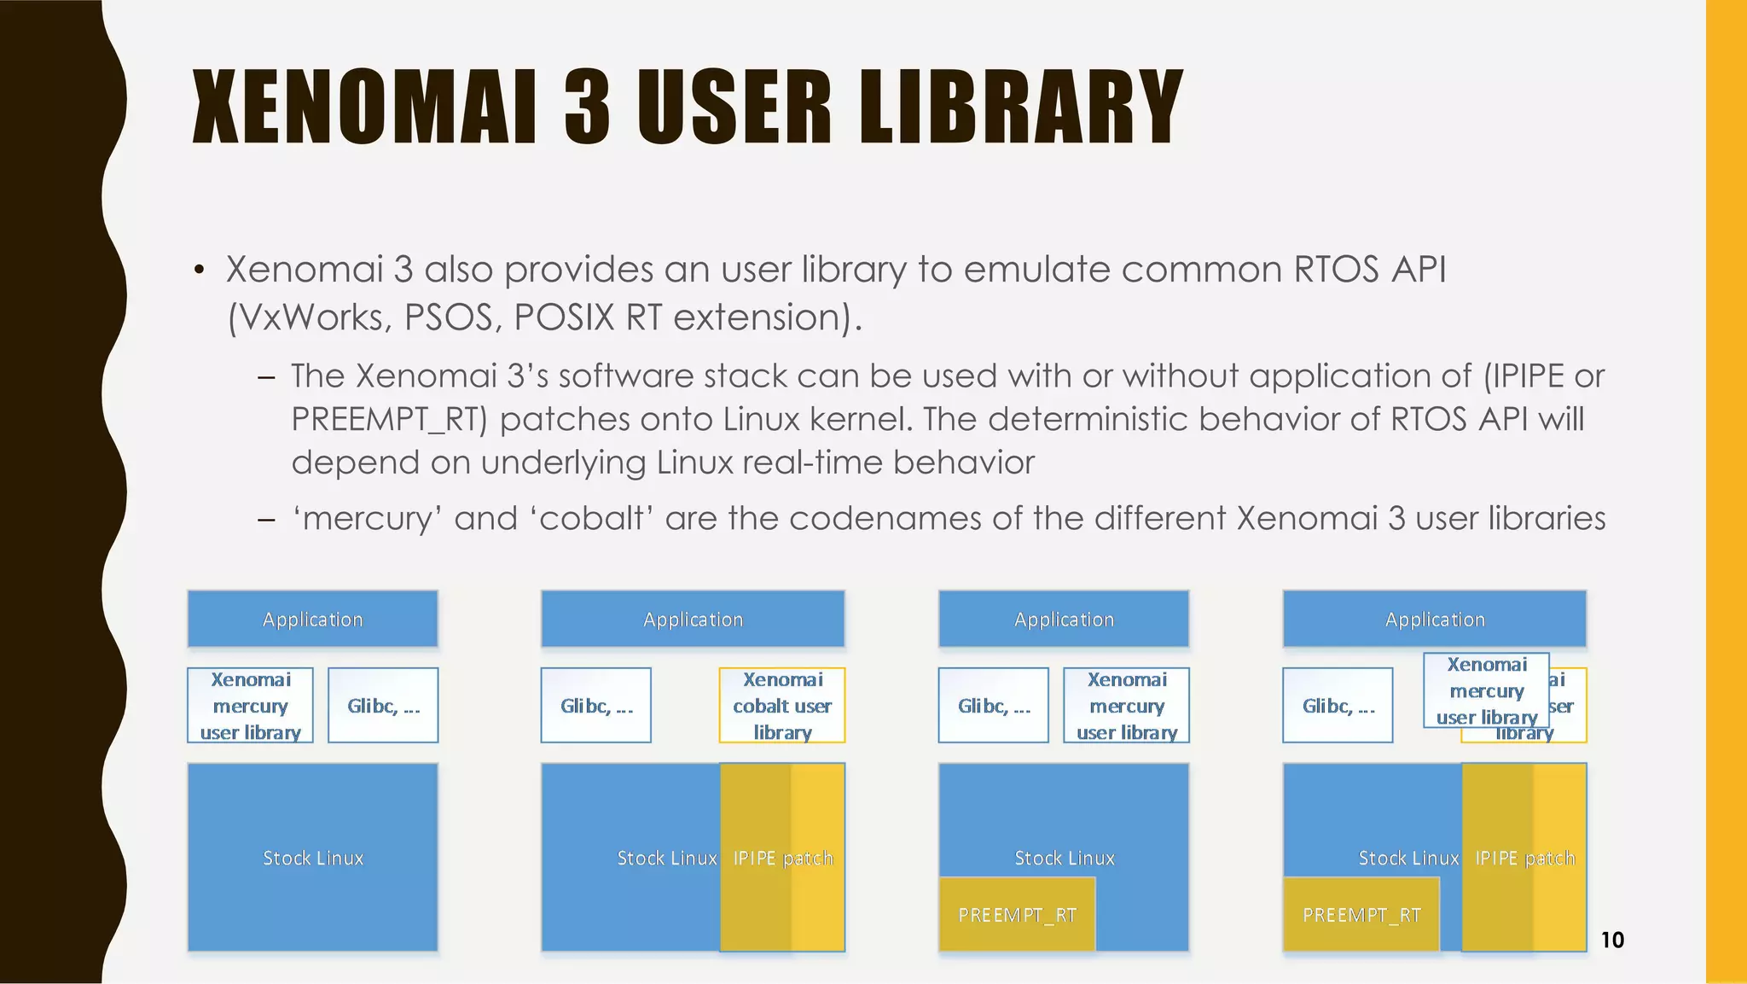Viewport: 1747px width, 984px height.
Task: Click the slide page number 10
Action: point(1611,940)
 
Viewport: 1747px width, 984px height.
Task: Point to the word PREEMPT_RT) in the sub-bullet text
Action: point(389,419)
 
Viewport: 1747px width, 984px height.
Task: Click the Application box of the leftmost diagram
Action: point(312,619)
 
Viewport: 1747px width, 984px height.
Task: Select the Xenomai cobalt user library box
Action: point(782,705)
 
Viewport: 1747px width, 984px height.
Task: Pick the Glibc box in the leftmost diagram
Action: point(383,705)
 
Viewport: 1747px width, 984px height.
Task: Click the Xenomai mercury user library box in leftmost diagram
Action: point(250,705)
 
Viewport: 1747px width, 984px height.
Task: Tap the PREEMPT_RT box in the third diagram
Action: point(1017,914)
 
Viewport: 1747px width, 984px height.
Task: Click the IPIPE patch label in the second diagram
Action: point(782,858)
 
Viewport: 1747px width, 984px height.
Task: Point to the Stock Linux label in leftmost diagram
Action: point(312,858)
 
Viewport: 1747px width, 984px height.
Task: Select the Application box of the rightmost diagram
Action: point(1434,619)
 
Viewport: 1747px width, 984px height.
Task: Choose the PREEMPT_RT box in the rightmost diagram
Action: point(1361,914)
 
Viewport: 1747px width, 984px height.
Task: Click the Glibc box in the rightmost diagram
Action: point(1338,705)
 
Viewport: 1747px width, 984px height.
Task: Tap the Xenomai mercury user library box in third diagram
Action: point(1126,705)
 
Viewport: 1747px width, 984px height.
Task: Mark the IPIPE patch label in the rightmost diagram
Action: point(1524,858)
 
